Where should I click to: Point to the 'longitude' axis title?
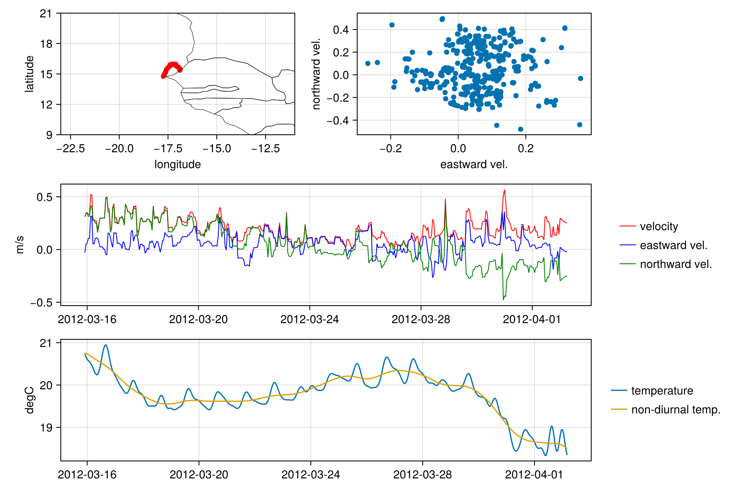[x=177, y=164]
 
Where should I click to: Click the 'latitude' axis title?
[x=29, y=74]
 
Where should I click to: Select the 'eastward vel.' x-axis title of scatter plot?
[x=474, y=164]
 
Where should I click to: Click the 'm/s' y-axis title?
[x=20, y=245]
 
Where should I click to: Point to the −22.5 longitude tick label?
[x=71, y=148]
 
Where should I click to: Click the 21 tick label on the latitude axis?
[x=46, y=14]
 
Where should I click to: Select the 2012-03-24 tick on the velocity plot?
[x=310, y=319]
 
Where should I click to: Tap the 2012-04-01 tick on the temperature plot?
[x=534, y=475]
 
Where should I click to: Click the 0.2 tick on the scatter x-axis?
[x=526, y=148]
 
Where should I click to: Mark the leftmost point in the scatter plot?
[x=368, y=63]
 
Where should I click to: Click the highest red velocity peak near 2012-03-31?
[x=504, y=190]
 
